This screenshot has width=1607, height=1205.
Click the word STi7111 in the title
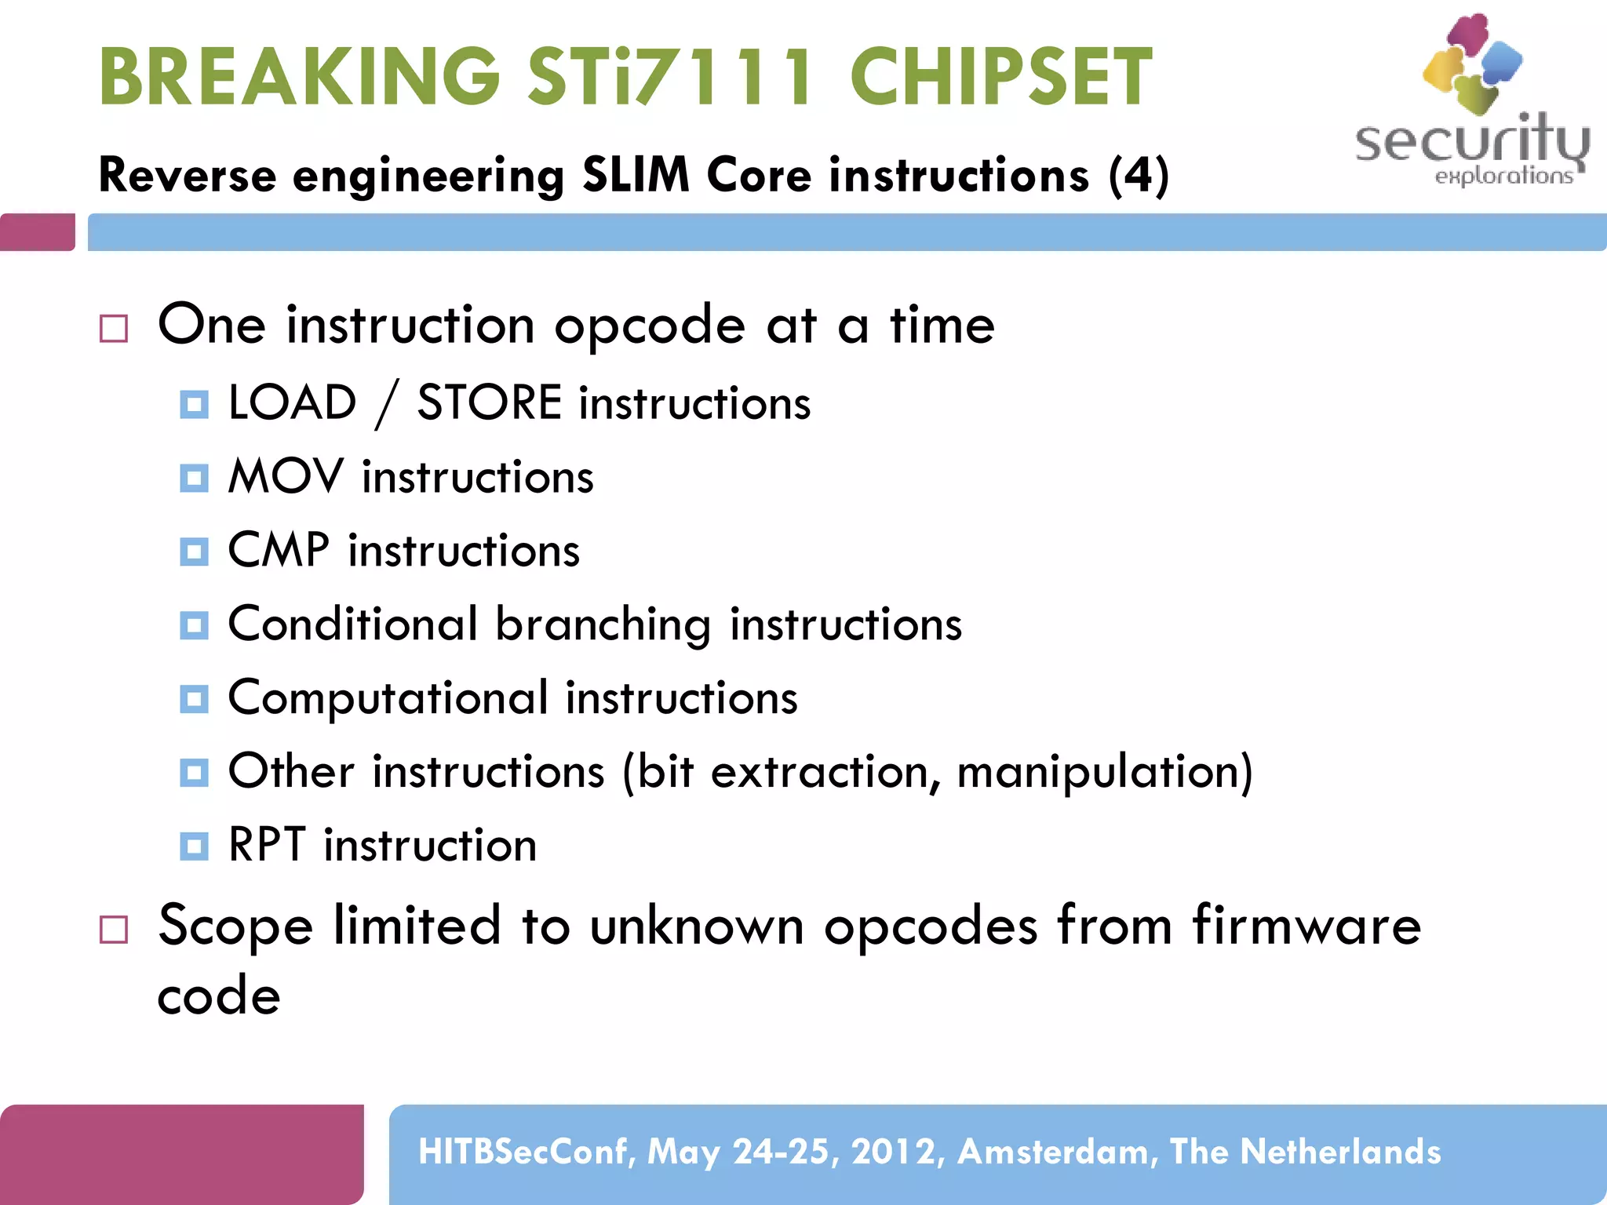pyautogui.click(x=671, y=76)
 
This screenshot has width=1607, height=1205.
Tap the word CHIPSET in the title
pyautogui.click(x=1000, y=76)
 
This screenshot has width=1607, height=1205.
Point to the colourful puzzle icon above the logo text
pyautogui.click(x=1473, y=63)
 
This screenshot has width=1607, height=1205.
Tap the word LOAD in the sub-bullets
pyautogui.click(x=292, y=402)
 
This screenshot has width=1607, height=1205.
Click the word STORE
pyautogui.click(x=489, y=402)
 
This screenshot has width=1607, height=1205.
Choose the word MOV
pyautogui.click(x=286, y=476)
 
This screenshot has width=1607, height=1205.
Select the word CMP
pyautogui.click(x=279, y=549)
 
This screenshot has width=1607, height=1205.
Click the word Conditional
pyautogui.click(x=352, y=624)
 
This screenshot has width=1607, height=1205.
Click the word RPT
pyautogui.click(x=267, y=845)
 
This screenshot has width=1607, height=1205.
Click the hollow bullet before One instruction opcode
pyautogui.click(x=114, y=329)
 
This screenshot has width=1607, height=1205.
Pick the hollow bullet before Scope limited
pyautogui.click(x=114, y=930)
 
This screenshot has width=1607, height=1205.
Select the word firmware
pyautogui.click(x=1306, y=925)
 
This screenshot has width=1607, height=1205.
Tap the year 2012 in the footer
pyautogui.click(x=894, y=1152)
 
